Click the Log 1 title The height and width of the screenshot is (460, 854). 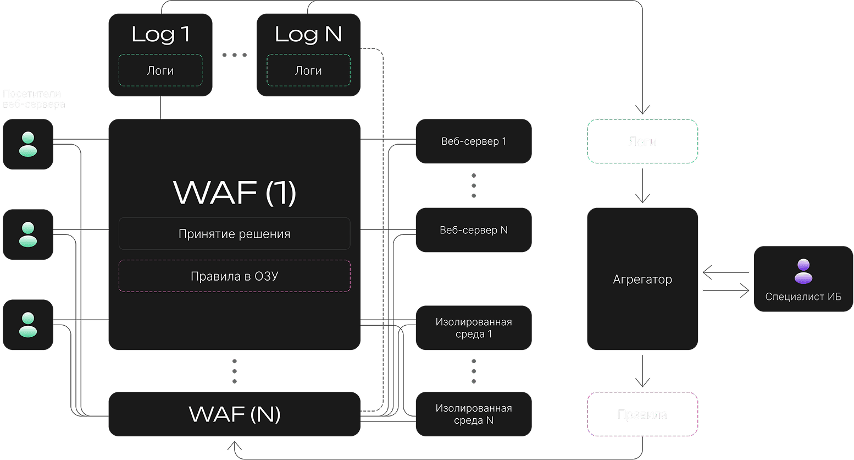click(160, 34)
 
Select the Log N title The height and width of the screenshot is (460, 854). click(308, 34)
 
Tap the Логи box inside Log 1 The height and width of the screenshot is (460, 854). click(160, 70)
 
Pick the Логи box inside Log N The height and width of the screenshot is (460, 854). click(308, 70)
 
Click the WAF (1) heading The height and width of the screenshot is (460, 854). click(235, 193)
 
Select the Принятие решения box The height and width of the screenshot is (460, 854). click(235, 234)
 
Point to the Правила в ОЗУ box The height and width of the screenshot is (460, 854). click(235, 276)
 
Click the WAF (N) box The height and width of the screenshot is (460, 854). click(235, 414)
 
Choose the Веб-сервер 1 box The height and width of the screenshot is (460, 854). click(474, 141)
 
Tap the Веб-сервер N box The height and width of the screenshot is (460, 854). click(474, 230)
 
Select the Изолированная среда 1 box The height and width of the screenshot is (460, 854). click(474, 328)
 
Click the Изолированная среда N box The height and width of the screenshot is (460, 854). click(474, 414)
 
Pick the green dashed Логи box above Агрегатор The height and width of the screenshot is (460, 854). click(642, 141)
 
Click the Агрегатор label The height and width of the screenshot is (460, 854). click(642, 280)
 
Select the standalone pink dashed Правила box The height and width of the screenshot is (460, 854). click(642, 414)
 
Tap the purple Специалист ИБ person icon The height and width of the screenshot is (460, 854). click(803, 271)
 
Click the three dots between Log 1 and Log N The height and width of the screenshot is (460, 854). click(235, 55)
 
